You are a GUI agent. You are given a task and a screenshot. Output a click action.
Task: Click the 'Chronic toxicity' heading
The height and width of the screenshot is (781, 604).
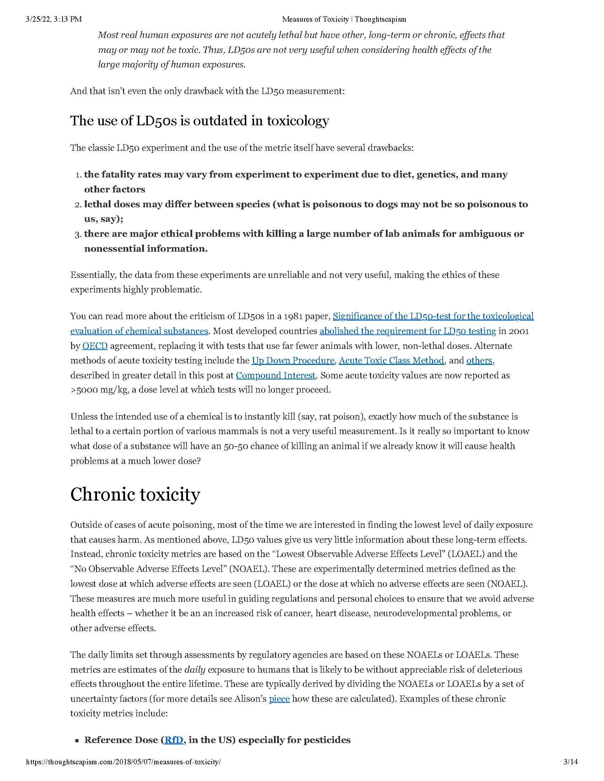(x=135, y=495)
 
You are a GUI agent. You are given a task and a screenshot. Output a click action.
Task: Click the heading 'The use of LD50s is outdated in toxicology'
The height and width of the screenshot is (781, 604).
(x=199, y=121)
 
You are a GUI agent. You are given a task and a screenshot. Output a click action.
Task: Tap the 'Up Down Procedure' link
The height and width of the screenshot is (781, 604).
(x=293, y=360)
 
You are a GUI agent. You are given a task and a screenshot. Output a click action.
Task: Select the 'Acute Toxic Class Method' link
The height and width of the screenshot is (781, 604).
(x=391, y=360)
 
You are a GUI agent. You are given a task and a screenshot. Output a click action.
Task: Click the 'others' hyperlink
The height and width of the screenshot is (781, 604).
(x=479, y=360)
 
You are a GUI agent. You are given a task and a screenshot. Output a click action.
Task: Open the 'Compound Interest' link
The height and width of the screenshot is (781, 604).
(x=275, y=375)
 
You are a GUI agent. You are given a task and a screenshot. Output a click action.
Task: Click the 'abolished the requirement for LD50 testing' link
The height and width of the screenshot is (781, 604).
(x=408, y=331)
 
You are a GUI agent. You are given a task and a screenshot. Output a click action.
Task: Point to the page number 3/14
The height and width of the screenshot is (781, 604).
(x=570, y=772)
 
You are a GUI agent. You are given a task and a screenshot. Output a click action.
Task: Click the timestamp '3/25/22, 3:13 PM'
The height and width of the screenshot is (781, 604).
(x=54, y=19)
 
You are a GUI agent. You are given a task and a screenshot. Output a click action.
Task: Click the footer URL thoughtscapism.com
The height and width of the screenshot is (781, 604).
(x=123, y=772)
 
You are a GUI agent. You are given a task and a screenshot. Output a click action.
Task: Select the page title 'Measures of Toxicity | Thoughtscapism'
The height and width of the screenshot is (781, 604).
(x=344, y=19)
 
